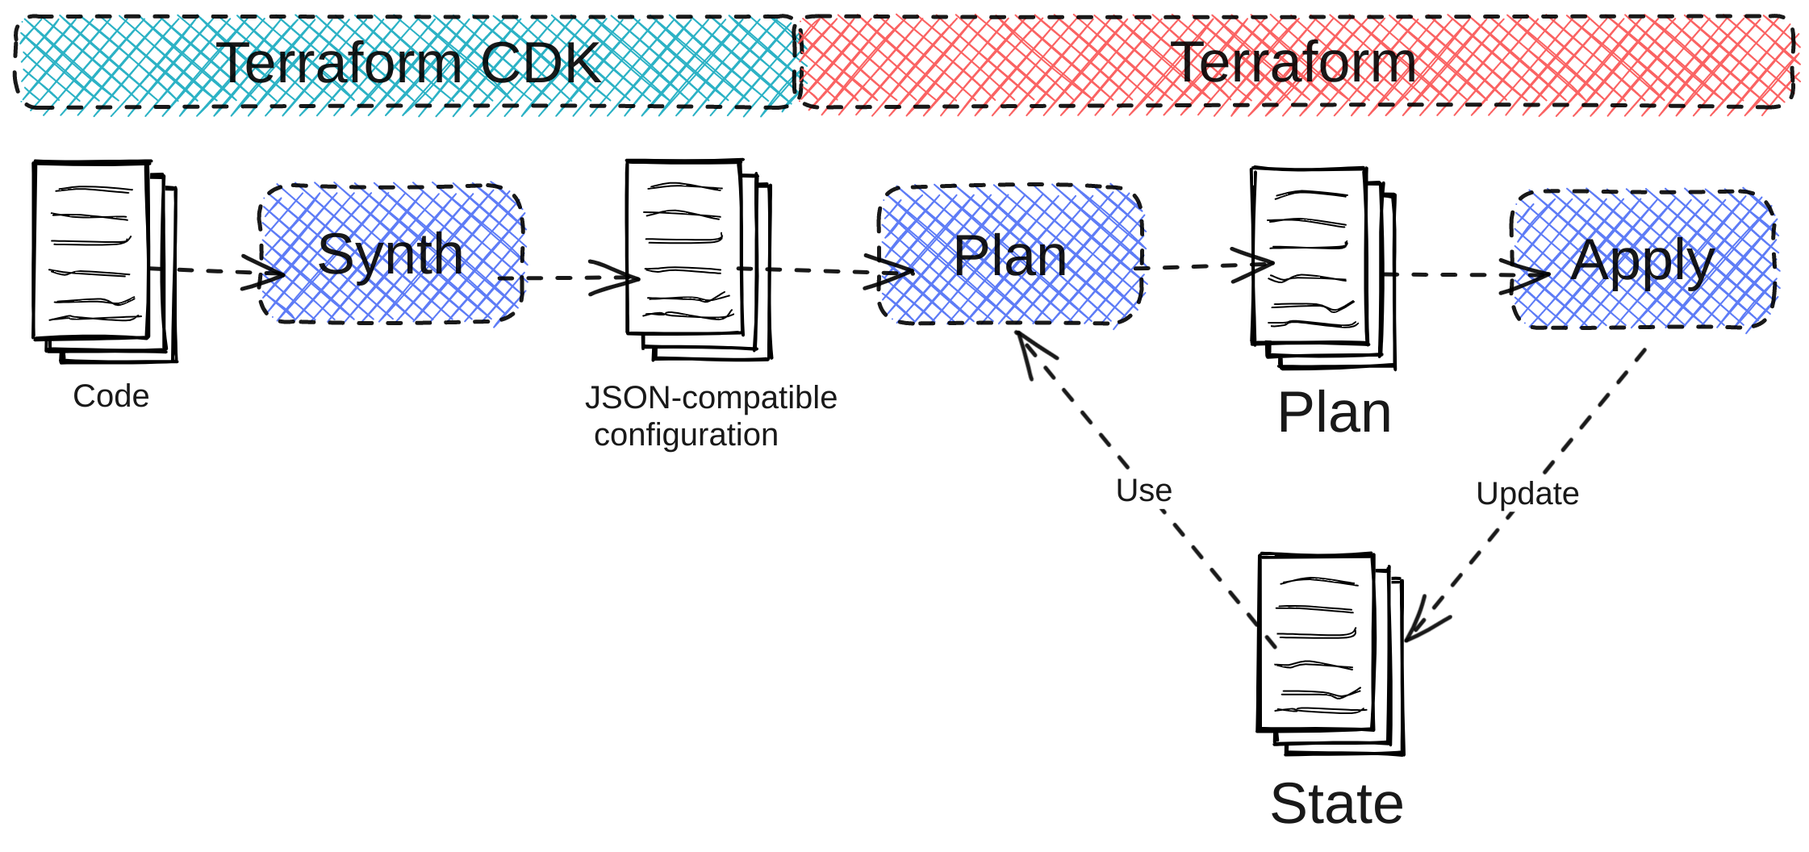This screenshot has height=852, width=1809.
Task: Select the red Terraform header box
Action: [1295, 62]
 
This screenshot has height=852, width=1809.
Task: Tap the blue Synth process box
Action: [391, 254]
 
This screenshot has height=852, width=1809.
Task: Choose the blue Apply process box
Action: [1643, 260]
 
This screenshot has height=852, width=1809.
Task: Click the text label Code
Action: [111, 396]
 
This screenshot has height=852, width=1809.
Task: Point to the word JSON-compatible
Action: [711, 398]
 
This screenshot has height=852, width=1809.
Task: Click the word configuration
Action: [686, 435]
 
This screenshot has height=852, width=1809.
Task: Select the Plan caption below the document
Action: [1335, 412]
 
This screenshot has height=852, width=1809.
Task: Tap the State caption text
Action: [1337, 804]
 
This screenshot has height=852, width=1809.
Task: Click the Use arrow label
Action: [1143, 491]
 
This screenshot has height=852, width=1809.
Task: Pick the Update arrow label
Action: [1527, 494]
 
